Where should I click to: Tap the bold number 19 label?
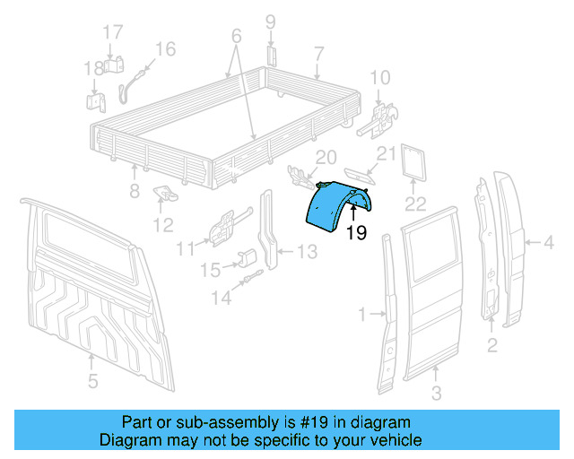click(356, 234)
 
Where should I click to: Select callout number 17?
click(111, 32)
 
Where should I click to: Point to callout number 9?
click(270, 22)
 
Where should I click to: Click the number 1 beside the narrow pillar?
click(362, 314)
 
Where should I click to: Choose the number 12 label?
click(163, 223)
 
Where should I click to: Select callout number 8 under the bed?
click(135, 190)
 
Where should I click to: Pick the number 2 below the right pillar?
click(491, 344)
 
